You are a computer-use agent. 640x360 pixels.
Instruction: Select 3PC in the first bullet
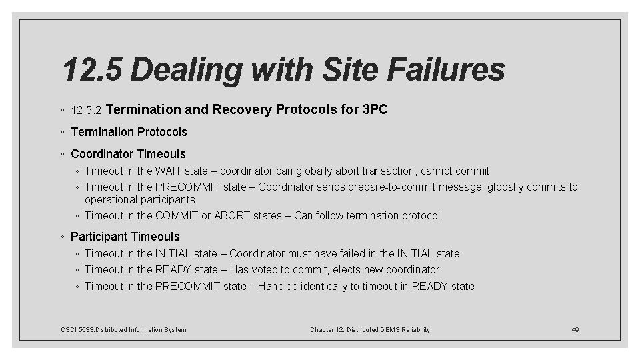click(x=375, y=109)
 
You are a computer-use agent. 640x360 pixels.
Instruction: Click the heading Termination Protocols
click(x=129, y=132)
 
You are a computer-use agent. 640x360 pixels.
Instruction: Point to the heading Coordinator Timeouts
click(x=128, y=154)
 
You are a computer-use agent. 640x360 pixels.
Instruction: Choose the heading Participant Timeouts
click(x=125, y=237)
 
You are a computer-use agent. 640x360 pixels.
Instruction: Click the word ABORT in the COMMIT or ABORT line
click(x=231, y=216)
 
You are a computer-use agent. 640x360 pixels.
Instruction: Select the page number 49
click(x=576, y=330)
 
